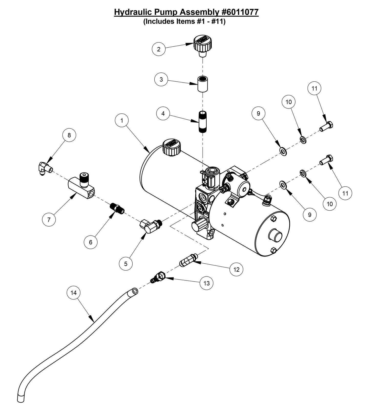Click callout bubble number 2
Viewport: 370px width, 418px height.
point(158,49)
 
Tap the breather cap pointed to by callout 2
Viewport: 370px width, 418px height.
point(203,45)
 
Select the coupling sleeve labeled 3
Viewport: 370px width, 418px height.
point(202,84)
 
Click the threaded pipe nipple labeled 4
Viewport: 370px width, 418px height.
point(203,121)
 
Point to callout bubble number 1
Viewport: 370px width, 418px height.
point(122,120)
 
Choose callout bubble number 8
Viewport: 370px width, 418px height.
point(69,135)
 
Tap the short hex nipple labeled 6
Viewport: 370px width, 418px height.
point(117,208)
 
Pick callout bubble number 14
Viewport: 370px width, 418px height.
point(73,293)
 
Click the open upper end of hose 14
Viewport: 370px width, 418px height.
point(135,291)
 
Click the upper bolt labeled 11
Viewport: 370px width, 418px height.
point(326,126)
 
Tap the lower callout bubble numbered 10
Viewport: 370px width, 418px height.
point(330,204)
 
